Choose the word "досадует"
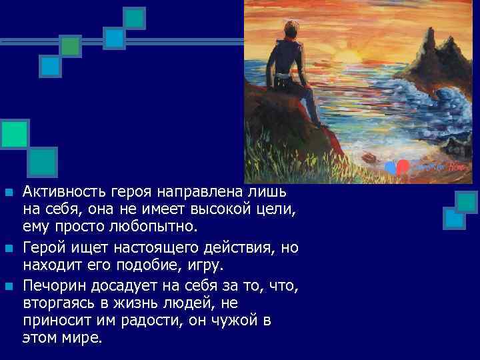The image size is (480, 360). [x=113, y=287]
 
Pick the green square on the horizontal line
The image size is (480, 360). [x=71, y=45]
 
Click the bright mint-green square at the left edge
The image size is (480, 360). [x=15, y=133]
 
